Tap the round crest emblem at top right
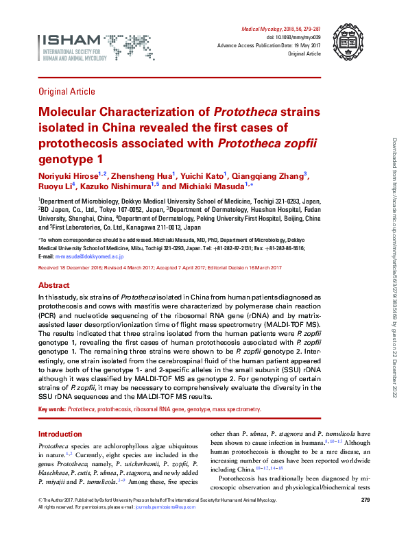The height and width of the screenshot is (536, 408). coord(344,38)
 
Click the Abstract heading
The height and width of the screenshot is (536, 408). coord(53,285)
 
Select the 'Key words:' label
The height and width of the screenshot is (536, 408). coord(51,409)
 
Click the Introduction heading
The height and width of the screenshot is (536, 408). coord(60,434)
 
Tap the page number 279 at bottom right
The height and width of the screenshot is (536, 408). coord(365,501)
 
